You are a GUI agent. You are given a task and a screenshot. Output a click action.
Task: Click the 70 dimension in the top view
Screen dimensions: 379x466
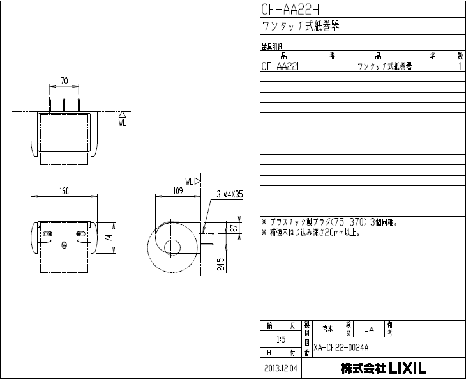click(64, 81)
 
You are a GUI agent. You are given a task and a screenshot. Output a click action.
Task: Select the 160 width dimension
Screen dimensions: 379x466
click(64, 190)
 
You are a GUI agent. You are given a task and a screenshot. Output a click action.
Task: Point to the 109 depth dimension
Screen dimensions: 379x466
click(178, 190)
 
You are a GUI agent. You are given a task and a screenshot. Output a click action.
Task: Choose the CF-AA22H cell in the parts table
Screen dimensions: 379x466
click(282, 66)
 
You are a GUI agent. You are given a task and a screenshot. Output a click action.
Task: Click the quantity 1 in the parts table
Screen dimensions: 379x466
click(460, 66)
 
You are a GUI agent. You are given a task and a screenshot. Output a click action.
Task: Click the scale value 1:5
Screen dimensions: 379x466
click(280, 339)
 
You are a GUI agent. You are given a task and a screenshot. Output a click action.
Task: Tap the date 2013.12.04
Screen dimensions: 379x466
click(281, 369)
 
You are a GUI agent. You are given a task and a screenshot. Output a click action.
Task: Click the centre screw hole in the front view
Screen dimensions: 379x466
click(64, 245)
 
